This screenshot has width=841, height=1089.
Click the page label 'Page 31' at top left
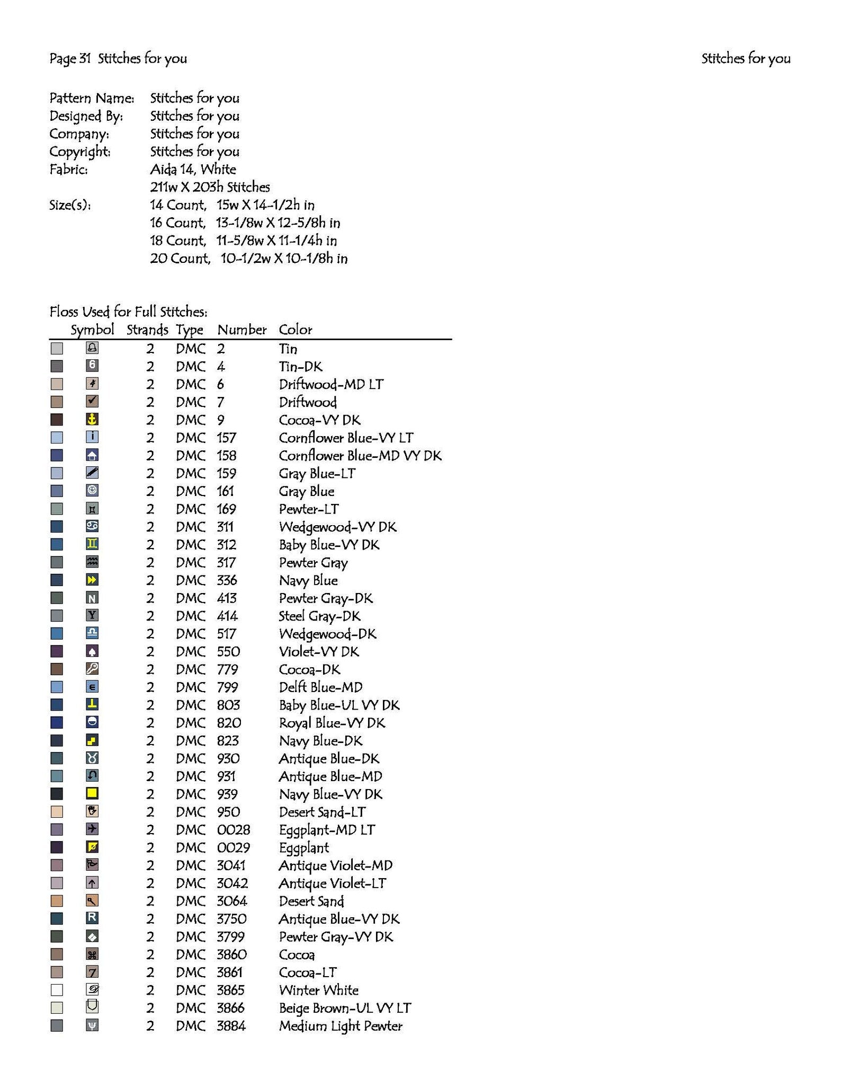[x=70, y=58]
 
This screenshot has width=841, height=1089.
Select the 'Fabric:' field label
[x=68, y=170]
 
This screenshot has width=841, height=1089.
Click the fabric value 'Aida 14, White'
[x=193, y=170]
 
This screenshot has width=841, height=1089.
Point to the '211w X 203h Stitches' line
[x=210, y=187]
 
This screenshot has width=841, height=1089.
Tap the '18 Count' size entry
[x=177, y=241]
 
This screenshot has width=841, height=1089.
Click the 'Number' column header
[x=241, y=330]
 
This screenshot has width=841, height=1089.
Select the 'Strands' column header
[x=147, y=330]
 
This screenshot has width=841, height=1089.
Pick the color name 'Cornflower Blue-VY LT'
[x=346, y=438]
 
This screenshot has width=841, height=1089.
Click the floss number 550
[x=228, y=651]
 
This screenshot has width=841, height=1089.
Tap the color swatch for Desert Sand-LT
[x=57, y=812]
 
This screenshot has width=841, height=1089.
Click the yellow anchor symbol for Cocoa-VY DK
[x=92, y=419]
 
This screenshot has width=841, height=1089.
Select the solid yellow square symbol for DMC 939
[x=92, y=793]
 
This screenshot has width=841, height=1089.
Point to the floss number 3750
[x=231, y=918]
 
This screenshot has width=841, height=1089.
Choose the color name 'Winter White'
[x=319, y=990]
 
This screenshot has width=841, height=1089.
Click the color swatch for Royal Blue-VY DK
[x=57, y=722]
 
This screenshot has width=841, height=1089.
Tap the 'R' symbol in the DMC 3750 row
[x=92, y=918]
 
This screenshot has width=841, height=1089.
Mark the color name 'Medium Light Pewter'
[x=341, y=1026]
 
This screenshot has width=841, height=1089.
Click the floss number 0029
[x=233, y=847]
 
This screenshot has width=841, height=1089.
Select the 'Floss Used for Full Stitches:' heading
[x=128, y=312]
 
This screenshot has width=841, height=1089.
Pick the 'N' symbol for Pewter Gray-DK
[x=92, y=598]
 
